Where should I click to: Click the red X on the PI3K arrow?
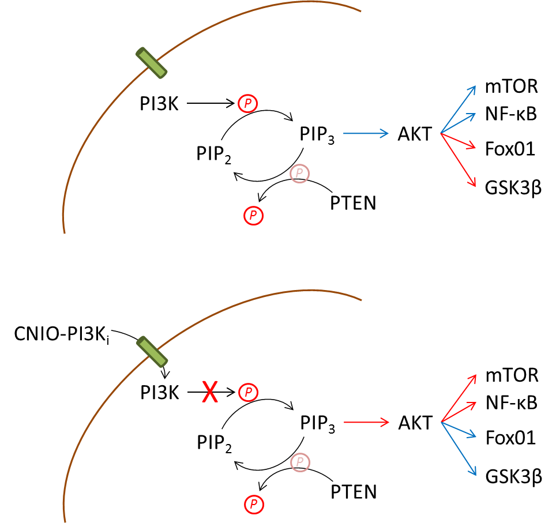(x=210, y=392)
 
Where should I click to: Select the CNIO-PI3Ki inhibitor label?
(x=62, y=334)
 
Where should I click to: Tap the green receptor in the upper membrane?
(x=152, y=63)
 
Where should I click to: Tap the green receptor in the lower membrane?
(x=152, y=351)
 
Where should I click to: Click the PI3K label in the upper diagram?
(x=159, y=104)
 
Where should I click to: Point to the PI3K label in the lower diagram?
(x=160, y=393)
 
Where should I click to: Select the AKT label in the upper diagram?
(x=415, y=134)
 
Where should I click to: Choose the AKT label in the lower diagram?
(x=415, y=423)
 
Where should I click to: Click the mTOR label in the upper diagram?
(x=512, y=86)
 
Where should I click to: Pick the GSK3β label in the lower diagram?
(x=514, y=477)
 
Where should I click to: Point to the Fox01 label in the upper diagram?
(x=510, y=149)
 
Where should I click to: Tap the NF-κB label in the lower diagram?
(x=512, y=403)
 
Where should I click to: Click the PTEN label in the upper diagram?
(x=353, y=203)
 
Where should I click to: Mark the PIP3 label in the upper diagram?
(x=317, y=135)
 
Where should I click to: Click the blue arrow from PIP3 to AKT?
(x=366, y=133)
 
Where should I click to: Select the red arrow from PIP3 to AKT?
(x=366, y=422)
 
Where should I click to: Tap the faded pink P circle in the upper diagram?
(x=299, y=174)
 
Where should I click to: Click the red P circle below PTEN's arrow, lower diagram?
(x=254, y=504)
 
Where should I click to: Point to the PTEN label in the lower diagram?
(x=354, y=492)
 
